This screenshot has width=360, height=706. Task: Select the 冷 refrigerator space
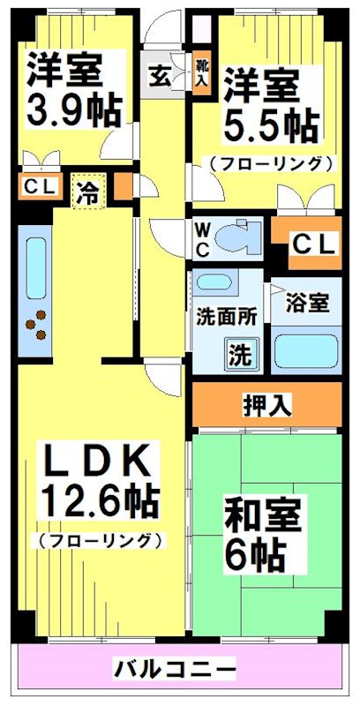tap(88, 190)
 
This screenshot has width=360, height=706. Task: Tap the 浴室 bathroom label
tap(308, 303)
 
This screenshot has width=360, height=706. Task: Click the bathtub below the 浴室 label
tap(306, 349)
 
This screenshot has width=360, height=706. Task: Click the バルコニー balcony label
tap(175, 670)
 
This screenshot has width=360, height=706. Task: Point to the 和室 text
tap(263, 514)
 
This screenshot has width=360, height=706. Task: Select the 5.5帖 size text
tap(269, 126)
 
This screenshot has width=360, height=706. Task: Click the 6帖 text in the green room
tap(256, 554)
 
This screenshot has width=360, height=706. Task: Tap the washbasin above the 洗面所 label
tap(213, 284)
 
